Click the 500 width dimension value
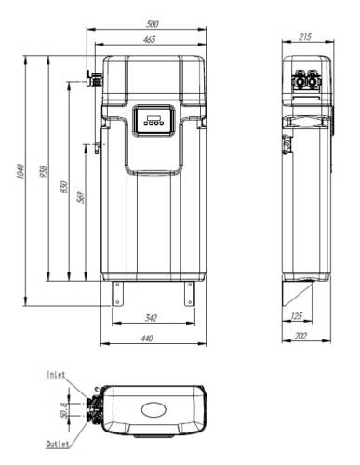(x=152, y=24)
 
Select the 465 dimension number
(x=149, y=40)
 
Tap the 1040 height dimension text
(x=20, y=171)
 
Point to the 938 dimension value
(x=44, y=171)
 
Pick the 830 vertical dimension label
(x=64, y=187)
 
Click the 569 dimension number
(x=81, y=197)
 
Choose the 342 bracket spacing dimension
(x=151, y=318)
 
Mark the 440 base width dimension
(x=147, y=338)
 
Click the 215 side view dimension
(x=305, y=37)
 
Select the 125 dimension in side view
(x=297, y=316)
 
